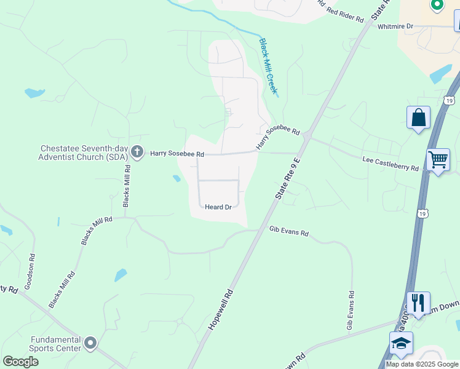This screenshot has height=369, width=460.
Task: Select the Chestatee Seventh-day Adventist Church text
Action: point(84,153)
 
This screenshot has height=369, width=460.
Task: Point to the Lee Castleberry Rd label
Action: point(391,164)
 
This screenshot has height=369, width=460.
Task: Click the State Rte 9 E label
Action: point(288,178)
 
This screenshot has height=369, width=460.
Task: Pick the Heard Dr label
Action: point(218,207)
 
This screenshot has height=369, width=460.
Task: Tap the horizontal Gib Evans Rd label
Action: point(289,234)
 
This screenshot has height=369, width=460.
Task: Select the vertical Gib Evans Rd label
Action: point(351,311)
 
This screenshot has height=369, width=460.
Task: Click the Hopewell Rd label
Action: point(221,309)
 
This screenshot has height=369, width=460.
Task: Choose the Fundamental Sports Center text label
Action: point(57,344)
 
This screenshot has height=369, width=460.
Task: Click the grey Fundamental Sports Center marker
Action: point(91,343)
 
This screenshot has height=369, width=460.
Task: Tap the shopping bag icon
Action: point(418,117)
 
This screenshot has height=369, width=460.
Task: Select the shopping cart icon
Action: point(438,160)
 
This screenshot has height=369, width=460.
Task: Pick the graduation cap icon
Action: point(401,343)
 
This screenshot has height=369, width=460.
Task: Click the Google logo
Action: point(20,362)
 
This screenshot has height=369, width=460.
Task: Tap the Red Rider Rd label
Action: point(346,15)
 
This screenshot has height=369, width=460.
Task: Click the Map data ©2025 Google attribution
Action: point(422,364)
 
